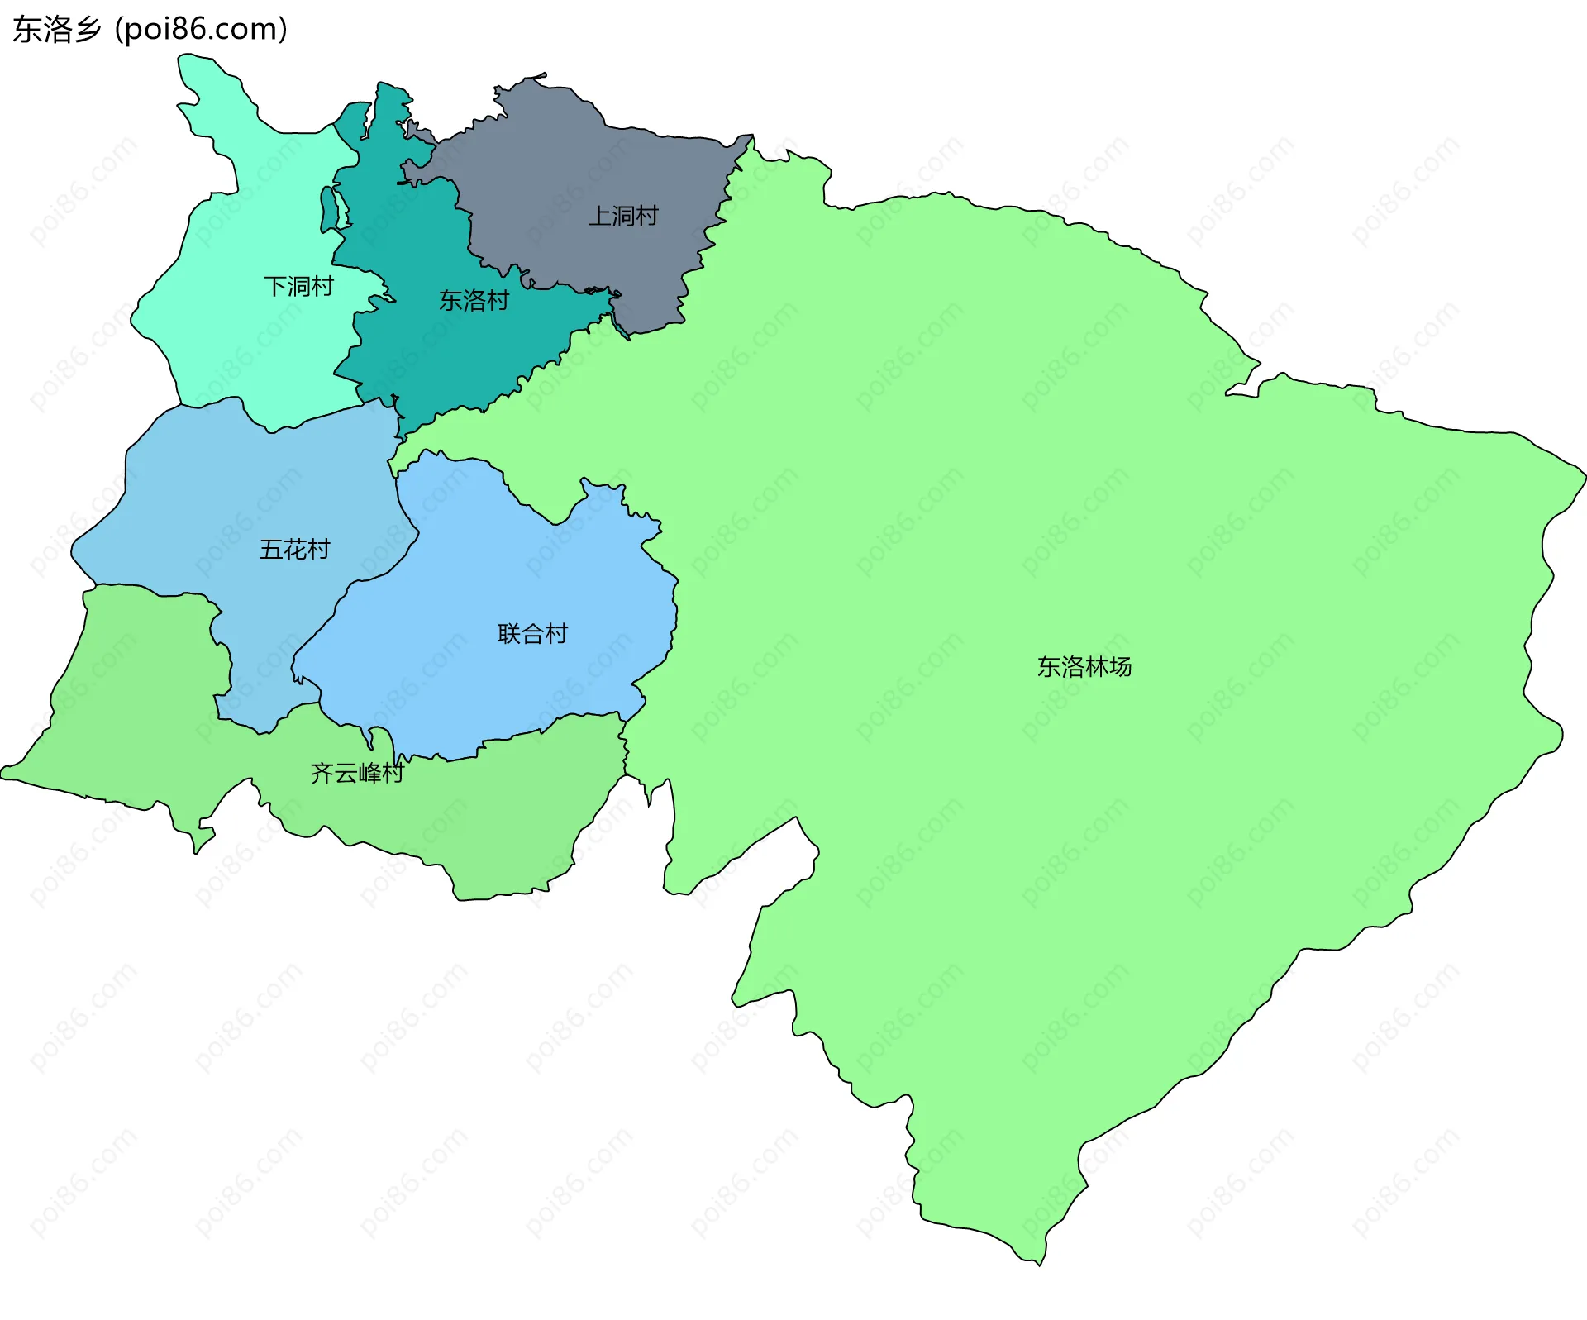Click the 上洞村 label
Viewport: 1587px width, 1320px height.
pos(623,217)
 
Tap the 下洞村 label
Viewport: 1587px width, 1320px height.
pos(298,287)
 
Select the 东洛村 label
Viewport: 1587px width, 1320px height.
pos(474,301)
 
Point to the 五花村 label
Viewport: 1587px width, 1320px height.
pos(295,550)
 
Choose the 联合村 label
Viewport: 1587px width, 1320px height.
pos(533,634)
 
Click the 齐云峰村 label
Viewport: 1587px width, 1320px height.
pos(357,774)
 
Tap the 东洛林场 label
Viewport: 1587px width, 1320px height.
pos(1084,667)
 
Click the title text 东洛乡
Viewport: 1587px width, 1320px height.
pos(57,30)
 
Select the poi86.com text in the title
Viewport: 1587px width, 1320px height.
pos(201,30)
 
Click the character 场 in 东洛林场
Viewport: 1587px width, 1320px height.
pos(1121,667)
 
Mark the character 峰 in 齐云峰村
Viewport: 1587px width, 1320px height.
pos(369,774)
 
